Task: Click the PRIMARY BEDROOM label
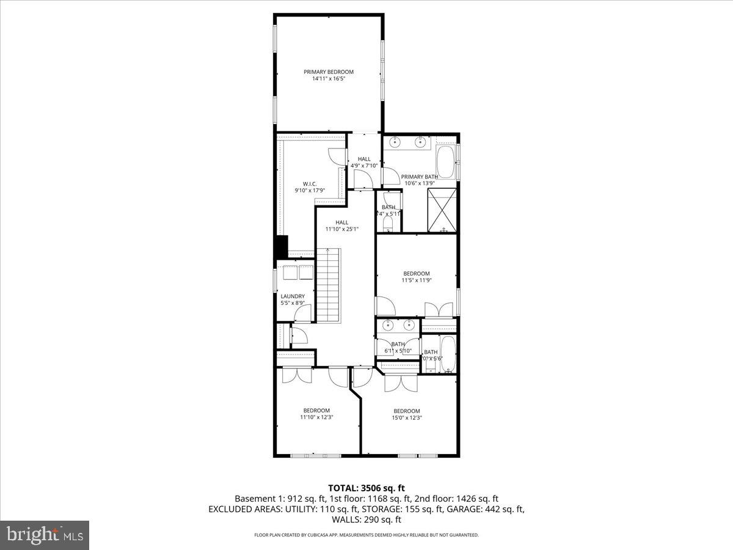tap(329, 71)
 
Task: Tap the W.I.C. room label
tap(310, 183)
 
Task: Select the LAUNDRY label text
tap(293, 296)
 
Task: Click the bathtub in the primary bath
tap(446, 161)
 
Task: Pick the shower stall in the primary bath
tap(443, 210)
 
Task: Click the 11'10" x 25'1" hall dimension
tap(341, 229)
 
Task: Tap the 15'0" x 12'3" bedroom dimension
tap(407, 418)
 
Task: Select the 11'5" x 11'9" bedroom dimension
tap(416, 280)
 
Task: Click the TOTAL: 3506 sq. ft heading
tap(366, 488)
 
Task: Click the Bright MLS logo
tap(45, 535)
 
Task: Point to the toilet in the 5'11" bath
tap(387, 226)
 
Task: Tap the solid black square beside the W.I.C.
tap(281, 247)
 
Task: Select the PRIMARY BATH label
tap(420, 177)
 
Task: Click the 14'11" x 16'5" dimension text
tap(329, 79)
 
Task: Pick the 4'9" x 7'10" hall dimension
tap(364, 166)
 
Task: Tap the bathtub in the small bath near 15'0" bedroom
tap(448, 354)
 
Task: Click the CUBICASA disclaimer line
tap(366, 535)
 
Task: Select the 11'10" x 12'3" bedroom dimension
tap(316, 418)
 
